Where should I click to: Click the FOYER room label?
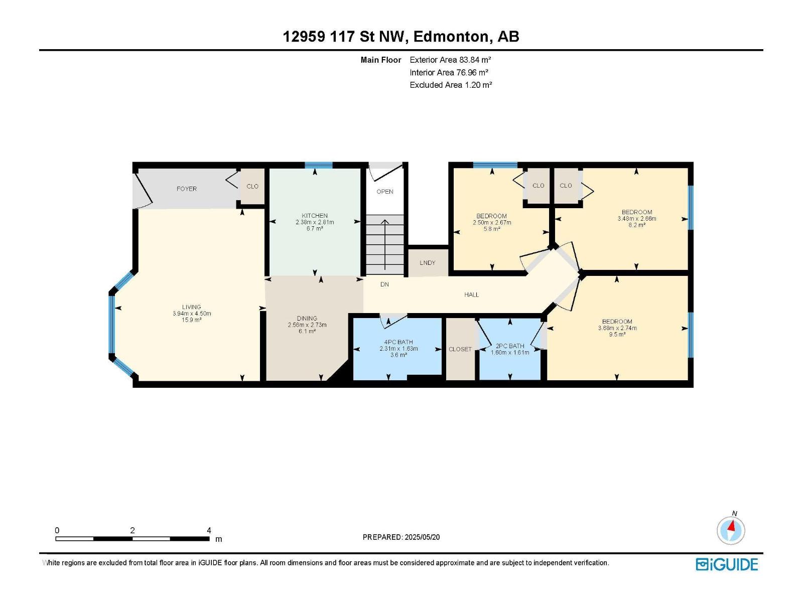tap(187, 189)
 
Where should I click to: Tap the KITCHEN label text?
tap(315, 216)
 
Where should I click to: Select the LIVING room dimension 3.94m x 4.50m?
tap(192, 314)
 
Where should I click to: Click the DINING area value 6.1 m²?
tap(307, 331)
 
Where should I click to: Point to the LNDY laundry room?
tap(428, 263)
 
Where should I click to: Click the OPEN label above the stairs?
tap(385, 192)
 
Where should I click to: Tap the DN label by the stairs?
tap(384, 284)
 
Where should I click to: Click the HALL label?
tap(472, 294)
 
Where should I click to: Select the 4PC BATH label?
tap(398, 342)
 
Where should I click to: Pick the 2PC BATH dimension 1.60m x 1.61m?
tap(510, 352)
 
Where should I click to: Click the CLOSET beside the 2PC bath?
tap(460, 349)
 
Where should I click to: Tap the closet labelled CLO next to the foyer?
tap(252, 187)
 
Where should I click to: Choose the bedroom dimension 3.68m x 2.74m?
tap(617, 328)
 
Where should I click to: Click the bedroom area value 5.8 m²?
tap(492, 229)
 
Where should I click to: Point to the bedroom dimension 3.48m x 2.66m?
tap(637, 219)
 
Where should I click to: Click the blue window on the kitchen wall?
tap(319, 165)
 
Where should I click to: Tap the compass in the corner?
tap(731, 530)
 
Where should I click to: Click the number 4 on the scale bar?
tap(209, 530)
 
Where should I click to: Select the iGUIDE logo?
tap(727, 564)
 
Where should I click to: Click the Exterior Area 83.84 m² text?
tap(450, 60)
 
